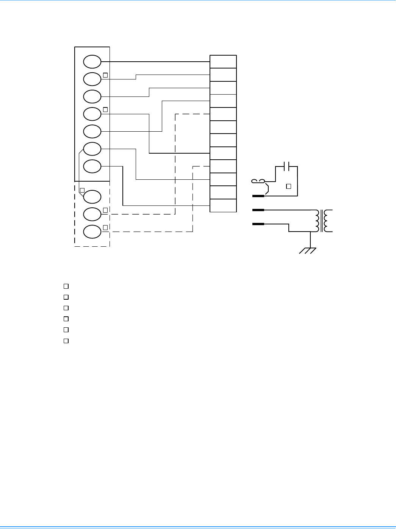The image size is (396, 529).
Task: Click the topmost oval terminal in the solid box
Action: tap(92, 61)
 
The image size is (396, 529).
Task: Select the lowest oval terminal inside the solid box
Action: tap(92, 166)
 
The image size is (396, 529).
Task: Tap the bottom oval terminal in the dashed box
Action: tap(92, 232)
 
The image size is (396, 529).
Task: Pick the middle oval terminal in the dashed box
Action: tap(92, 214)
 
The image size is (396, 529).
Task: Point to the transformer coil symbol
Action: tap(322, 221)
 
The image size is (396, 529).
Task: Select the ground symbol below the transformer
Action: tap(308, 250)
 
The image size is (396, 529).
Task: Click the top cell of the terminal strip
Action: tap(223, 62)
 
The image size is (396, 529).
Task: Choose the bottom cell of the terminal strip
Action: tap(223, 205)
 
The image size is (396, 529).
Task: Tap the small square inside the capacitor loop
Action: tap(288, 186)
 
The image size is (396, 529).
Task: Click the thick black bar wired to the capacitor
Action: tap(258, 196)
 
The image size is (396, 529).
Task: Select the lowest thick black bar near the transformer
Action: tap(258, 224)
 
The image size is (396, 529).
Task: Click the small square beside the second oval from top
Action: tap(106, 75)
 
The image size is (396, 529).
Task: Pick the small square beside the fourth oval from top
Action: tap(106, 110)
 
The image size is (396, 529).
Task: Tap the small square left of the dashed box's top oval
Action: tap(82, 190)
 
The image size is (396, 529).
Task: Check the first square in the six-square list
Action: tap(66, 286)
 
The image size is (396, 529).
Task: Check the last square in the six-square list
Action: tap(66, 341)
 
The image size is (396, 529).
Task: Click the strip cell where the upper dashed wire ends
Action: tap(223, 114)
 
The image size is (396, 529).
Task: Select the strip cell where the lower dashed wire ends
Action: tap(223, 166)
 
